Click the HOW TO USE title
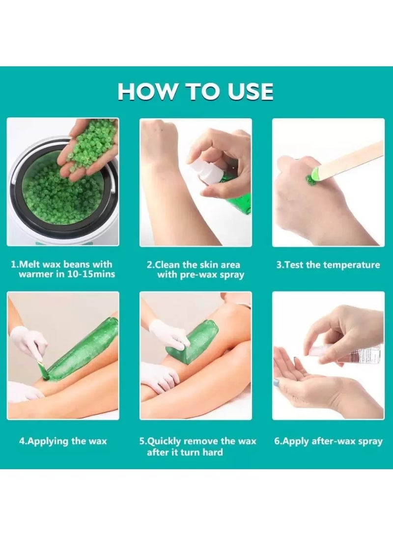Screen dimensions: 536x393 pyautogui.click(x=196, y=91)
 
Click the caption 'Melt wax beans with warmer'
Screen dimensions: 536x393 pyautogui.click(x=62, y=269)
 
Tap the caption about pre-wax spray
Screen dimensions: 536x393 pyautogui.click(x=196, y=269)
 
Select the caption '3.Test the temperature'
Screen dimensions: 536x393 pyautogui.click(x=328, y=265)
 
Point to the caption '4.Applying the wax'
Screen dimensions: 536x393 pyautogui.click(x=62, y=441)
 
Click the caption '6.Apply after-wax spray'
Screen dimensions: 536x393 pyautogui.click(x=328, y=441)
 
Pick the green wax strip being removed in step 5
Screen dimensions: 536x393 pyautogui.click(x=194, y=339)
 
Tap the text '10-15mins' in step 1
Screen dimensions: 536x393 pyautogui.click(x=93, y=274)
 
